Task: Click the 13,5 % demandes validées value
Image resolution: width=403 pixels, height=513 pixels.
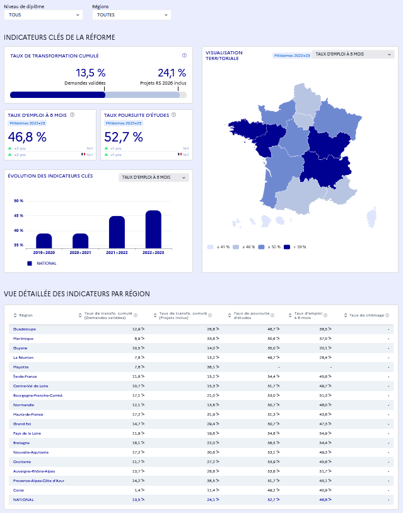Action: (x=91, y=73)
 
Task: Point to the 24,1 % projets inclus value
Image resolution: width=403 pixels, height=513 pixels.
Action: (x=172, y=73)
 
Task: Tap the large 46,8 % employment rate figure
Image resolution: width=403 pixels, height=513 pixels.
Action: (x=27, y=137)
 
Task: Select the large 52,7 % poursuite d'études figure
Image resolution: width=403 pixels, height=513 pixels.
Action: (x=124, y=137)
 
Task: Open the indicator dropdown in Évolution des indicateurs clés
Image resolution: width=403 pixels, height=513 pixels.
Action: (x=154, y=178)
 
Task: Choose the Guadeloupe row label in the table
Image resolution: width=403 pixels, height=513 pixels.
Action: (x=25, y=329)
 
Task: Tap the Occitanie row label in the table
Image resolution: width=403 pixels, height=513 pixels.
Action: (x=22, y=462)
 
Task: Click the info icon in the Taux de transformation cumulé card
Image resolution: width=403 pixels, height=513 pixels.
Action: (x=184, y=56)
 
